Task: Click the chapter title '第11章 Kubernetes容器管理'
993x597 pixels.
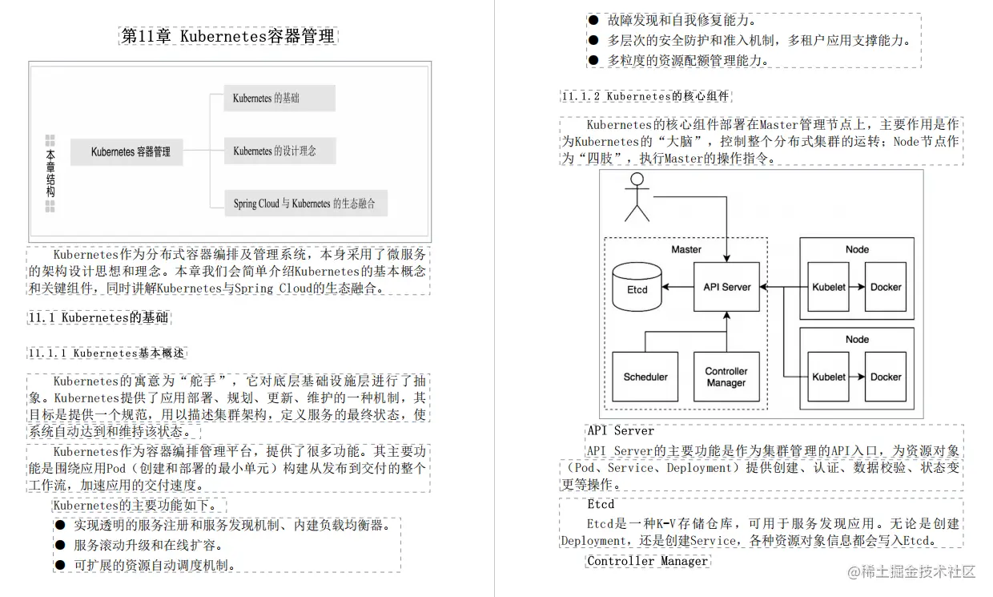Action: (228, 36)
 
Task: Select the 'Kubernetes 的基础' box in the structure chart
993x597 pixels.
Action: (279, 98)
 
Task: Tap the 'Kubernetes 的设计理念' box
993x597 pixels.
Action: (279, 151)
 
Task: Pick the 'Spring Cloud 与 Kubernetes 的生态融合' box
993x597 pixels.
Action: (304, 204)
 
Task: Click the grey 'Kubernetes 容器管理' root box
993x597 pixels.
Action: (131, 151)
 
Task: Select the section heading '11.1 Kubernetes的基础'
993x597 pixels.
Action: (98, 317)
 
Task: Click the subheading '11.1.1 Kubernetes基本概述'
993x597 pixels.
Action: (107, 353)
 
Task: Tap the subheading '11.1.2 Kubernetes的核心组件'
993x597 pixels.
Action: (645, 96)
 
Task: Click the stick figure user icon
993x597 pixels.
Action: (637, 196)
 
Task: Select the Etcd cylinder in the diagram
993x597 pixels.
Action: (637, 287)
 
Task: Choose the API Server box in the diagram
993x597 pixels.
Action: (726, 287)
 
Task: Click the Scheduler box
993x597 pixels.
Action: (645, 377)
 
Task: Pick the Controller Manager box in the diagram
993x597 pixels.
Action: (726, 377)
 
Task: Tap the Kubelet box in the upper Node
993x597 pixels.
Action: (829, 287)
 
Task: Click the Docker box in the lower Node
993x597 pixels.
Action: (886, 377)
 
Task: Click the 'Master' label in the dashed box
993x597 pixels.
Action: (686, 249)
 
